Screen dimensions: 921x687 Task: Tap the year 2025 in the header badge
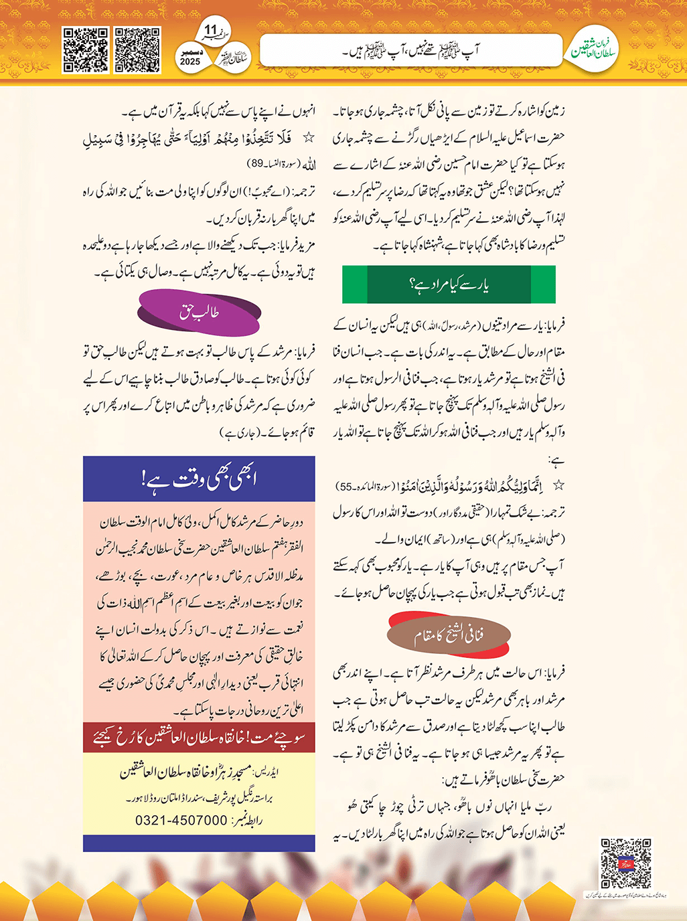(190, 62)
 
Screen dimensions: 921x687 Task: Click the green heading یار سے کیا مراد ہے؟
(449, 285)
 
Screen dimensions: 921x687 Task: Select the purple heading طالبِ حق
(199, 312)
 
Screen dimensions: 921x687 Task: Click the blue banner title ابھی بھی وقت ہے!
(199, 479)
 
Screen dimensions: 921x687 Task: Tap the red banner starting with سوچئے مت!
(199, 738)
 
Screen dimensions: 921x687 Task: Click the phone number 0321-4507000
(181, 821)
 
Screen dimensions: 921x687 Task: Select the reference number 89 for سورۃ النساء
(256, 163)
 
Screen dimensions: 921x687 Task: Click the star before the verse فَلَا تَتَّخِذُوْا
(308, 138)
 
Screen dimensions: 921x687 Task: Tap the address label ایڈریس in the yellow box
(268, 772)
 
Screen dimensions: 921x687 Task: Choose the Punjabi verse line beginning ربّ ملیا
(449, 807)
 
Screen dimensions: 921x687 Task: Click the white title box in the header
(410, 50)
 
